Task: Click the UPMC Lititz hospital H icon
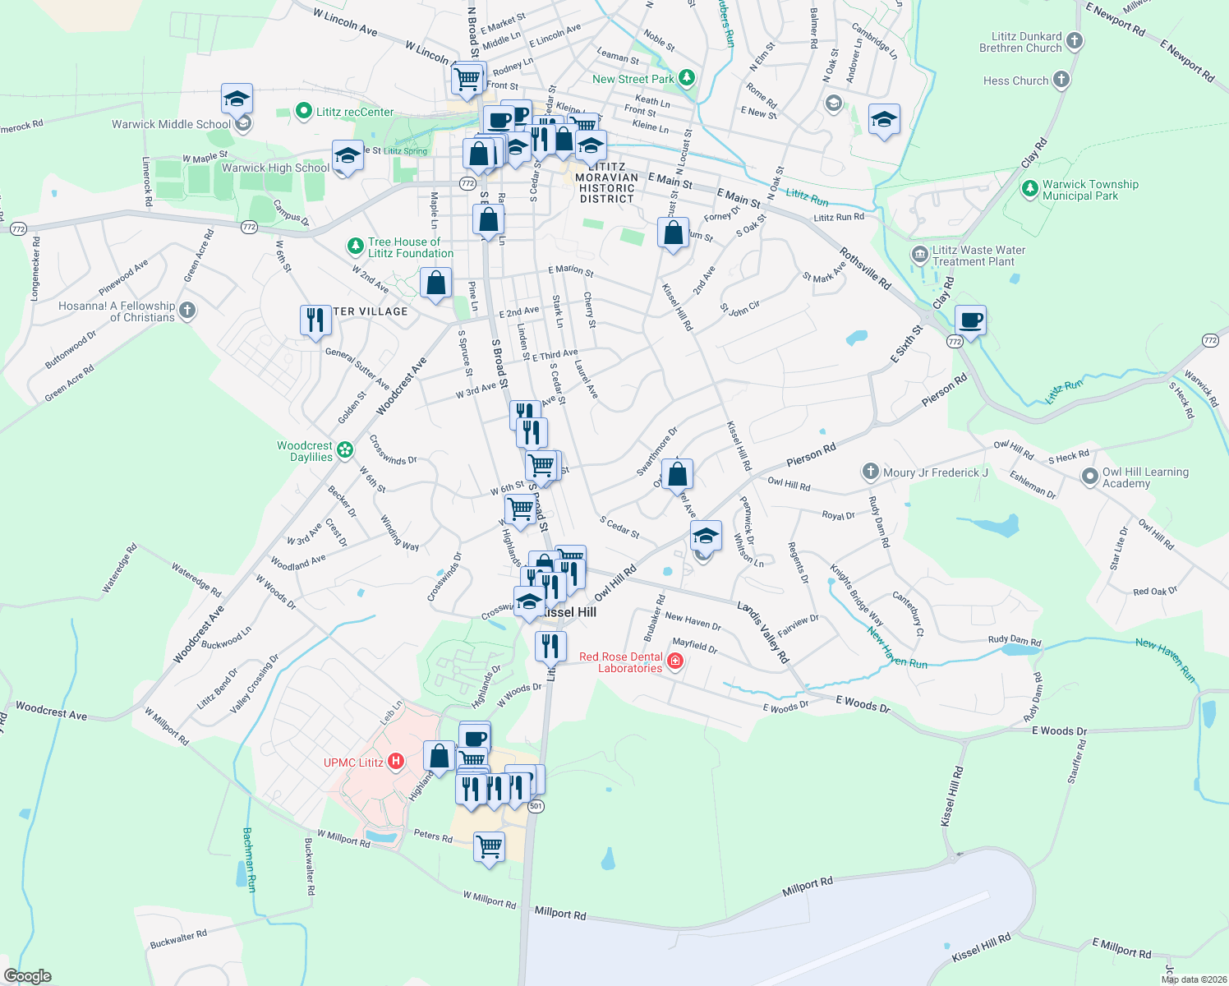pyautogui.click(x=396, y=762)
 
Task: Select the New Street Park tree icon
pyautogui.click(x=688, y=79)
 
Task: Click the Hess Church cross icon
pyautogui.click(x=1061, y=80)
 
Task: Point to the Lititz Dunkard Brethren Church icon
pyautogui.click(x=1075, y=41)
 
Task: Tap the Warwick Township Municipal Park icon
pyautogui.click(x=1030, y=190)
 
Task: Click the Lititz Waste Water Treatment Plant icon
pyautogui.click(x=920, y=255)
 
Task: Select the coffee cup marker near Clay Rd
pyautogui.click(x=970, y=320)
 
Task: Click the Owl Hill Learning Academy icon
pyautogui.click(x=1090, y=477)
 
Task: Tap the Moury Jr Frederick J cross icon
pyautogui.click(x=871, y=472)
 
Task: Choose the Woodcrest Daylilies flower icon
pyautogui.click(x=345, y=449)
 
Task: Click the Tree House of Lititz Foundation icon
pyautogui.click(x=355, y=246)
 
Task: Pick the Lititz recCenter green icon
pyautogui.click(x=303, y=111)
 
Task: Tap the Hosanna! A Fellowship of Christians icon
pyautogui.click(x=187, y=311)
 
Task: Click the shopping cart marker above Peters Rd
pyautogui.click(x=489, y=845)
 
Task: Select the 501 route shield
pyautogui.click(x=536, y=806)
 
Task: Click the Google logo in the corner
pyautogui.click(x=27, y=975)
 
